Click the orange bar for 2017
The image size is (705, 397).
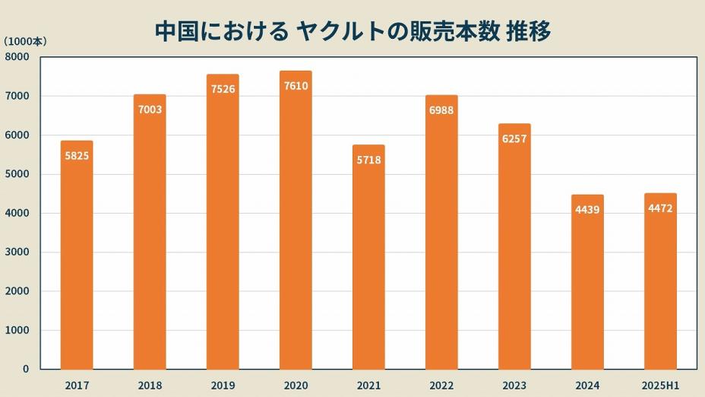click(x=77, y=255)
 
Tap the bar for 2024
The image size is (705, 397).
click(x=587, y=282)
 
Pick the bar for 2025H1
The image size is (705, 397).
click(x=660, y=281)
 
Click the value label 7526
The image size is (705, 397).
click(x=223, y=90)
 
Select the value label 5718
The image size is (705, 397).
click(x=368, y=160)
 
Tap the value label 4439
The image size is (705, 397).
click(x=587, y=210)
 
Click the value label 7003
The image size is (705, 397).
click(x=150, y=110)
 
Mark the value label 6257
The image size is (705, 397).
click(x=514, y=139)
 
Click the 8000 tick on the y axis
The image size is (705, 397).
click(x=17, y=57)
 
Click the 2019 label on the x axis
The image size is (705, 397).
click(x=223, y=386)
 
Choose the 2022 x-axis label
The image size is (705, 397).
click(x=441, y=386)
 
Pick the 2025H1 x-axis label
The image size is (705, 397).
click(x=660, y=386)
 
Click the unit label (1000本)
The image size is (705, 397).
click(x=25, y=42)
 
